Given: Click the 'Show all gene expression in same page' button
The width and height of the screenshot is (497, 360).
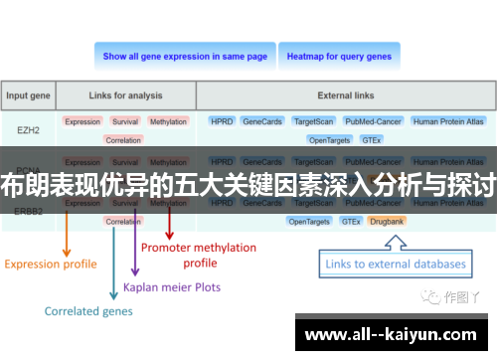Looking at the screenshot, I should (185, 57).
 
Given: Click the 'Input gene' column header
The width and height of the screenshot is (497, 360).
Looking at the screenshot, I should (28, 96).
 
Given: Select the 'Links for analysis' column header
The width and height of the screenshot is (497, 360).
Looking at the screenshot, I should (125, 96).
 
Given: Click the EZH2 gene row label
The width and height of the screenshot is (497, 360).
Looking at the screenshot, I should (28, 129).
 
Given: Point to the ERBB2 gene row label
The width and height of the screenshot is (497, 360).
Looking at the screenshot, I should (28, 211).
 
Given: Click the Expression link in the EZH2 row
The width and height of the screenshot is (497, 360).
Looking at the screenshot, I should (83, 121).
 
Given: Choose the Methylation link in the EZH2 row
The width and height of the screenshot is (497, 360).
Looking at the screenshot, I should (168, 121).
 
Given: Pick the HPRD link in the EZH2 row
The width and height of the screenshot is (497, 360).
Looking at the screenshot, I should (221, 121).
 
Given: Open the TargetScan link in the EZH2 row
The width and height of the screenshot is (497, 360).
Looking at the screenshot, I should (315, 121).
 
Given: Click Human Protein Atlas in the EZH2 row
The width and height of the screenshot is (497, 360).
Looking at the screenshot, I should (448, 121).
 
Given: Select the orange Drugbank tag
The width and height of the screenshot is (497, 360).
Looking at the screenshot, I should (386, 221).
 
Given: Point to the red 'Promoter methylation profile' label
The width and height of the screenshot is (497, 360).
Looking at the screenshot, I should (199, 255).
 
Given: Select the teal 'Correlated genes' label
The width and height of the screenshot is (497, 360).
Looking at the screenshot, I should (86, 311).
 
